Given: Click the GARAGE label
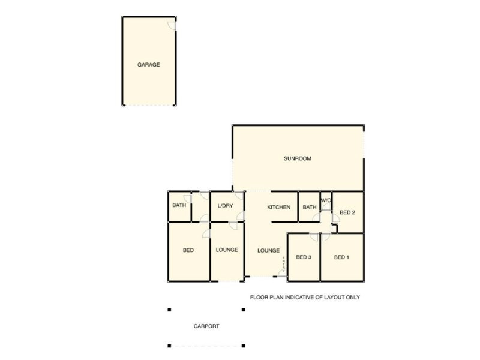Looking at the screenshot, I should tap(149, 64).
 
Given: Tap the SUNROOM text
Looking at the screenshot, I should tap(297, 158).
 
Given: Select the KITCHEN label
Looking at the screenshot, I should tap(278, 208).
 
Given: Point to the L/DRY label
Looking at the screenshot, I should tap(225, 206).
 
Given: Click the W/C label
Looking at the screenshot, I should tap(326, 200).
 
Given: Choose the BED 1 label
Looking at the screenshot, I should tap(341, 257).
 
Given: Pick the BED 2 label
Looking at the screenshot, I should tap(347, 212).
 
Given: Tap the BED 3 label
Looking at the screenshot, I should tap(304, 257).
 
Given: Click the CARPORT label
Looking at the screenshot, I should tap(206, 326).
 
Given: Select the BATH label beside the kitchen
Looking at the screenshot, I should tap(309, 208).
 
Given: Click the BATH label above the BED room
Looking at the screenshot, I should tap(179, 205).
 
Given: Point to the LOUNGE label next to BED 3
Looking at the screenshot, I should tap(268, 250).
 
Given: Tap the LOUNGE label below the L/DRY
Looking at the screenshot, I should tap(227, 250).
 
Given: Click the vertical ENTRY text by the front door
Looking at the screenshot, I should tap(284, 265).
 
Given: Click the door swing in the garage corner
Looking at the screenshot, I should tap(172, 24).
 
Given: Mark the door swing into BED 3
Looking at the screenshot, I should tap(313, 238).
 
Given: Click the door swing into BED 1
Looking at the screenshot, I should tap(325, 238).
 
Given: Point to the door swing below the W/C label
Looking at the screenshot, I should tap(325, 207).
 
